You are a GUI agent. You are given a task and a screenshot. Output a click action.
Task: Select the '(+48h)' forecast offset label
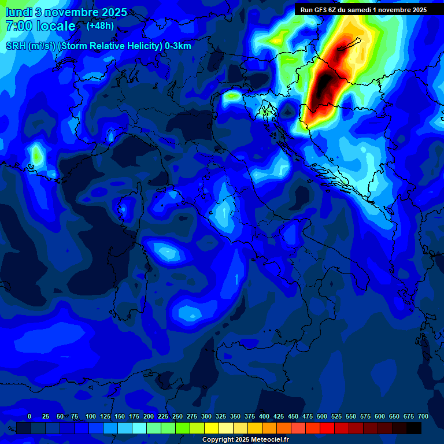click(100, 25)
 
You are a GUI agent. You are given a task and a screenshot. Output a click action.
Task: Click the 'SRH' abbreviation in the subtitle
click(16, 46)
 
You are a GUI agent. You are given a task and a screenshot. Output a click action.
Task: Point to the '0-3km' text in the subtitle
click(178, 46)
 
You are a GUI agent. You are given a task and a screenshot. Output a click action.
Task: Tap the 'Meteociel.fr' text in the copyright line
click(268, 440)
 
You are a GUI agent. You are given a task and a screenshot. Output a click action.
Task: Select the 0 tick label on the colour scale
click(29, 416)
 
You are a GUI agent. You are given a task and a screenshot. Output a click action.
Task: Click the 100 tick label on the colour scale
click(91, 416)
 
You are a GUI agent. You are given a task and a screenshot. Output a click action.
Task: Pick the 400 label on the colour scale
click(264, 416)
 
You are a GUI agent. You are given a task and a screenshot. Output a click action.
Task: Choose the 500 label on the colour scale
click(322, 416)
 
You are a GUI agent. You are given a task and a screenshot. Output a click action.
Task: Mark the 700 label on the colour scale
click(423, 416)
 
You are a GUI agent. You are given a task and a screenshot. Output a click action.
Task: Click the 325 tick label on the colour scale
click(221, 416)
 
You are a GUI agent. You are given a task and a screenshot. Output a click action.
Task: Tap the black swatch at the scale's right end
click(414, 428)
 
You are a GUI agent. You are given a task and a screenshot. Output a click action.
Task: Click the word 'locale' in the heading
click(55, 26)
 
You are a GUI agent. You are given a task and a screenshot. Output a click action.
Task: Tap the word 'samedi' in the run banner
click(357, 10)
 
